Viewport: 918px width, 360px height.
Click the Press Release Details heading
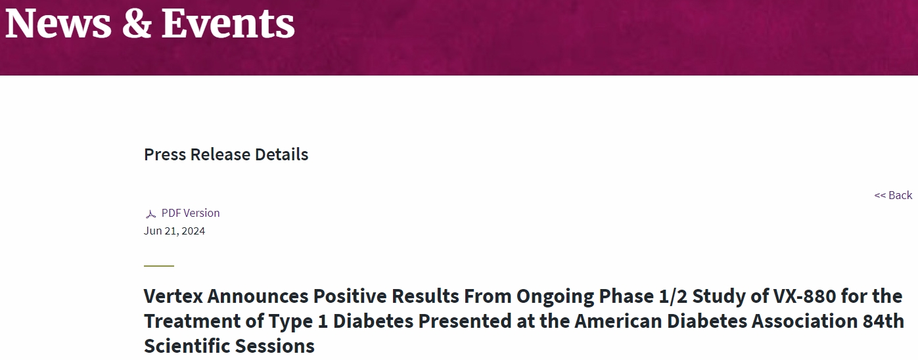[x=226, y=154]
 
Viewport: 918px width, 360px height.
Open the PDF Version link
[x=191, y=213]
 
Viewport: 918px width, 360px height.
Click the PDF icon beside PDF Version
[x=150, y=214]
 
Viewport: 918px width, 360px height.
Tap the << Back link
[x=893, y=195]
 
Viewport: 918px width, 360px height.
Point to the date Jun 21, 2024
[x=174, y=231]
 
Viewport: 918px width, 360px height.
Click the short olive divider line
[x=159, y=266]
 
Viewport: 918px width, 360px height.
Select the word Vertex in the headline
[x=173, y=296]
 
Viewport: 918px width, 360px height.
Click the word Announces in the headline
[x=258, y=296]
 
